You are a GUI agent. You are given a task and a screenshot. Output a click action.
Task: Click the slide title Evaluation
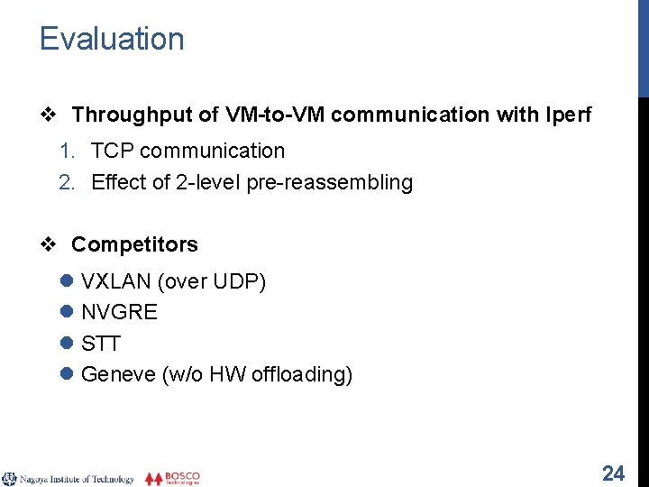coord(112,39)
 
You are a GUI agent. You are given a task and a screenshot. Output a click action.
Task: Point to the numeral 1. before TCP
coord(67,151)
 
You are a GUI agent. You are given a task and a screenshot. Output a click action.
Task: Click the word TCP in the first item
coord(112,151)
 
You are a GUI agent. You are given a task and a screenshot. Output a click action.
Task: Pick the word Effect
coord(118,182)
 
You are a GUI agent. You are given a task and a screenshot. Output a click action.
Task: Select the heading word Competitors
coord(134,244)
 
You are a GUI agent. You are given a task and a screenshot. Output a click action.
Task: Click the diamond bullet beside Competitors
coord(51,244)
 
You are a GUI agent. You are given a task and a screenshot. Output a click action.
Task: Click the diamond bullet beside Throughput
coord(51,115)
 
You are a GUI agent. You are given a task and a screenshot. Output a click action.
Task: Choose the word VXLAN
coord(116,282)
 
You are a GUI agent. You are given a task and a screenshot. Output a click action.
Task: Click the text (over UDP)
coord(212,282)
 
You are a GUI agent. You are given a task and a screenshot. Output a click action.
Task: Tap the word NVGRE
coord(119,313)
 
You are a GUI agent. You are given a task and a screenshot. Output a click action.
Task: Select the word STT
coord(101,344)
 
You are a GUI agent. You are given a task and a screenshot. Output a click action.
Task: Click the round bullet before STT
coord(67,344)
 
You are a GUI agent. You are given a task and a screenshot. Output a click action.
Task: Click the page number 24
coord(613,473)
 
